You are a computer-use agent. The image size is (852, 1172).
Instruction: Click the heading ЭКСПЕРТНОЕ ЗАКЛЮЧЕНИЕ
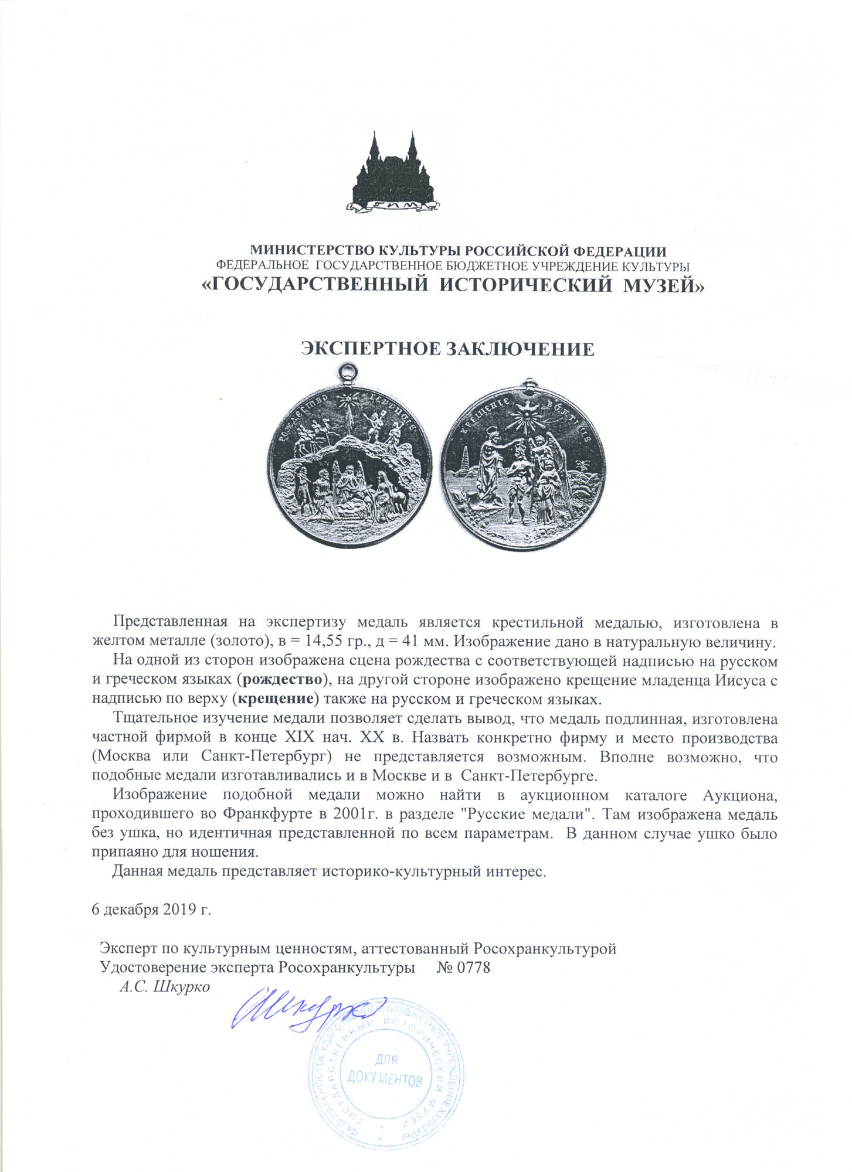coord(447,349)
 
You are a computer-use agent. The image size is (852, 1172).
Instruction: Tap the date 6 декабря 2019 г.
coord(151,909)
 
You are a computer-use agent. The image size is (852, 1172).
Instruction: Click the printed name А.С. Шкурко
coord(164,986)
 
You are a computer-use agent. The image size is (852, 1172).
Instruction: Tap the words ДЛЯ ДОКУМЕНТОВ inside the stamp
coord(385,1069)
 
